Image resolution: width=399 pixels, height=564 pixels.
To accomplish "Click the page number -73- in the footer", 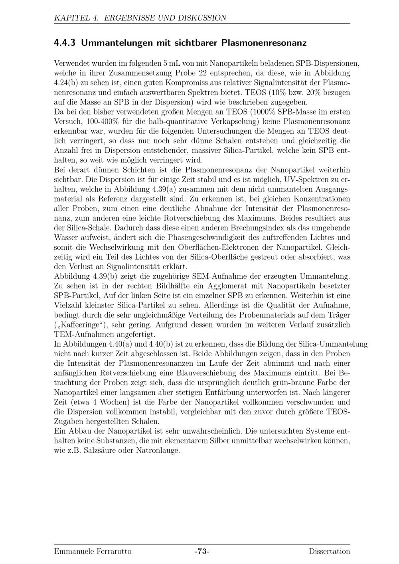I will (x=202, y=552).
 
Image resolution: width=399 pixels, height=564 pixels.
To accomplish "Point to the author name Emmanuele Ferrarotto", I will (x=93, y=552).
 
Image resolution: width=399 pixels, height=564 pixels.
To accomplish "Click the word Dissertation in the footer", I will (x=329, y=552).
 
